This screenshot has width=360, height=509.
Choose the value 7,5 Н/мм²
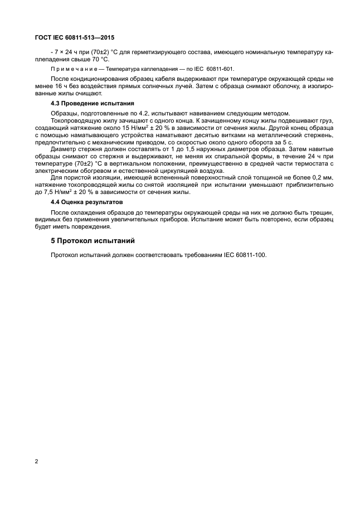click(x=50, y=192)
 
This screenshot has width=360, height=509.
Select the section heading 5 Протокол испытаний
click(x=93, y=241)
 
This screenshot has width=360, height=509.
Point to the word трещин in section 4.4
click(x=322, y=212)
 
